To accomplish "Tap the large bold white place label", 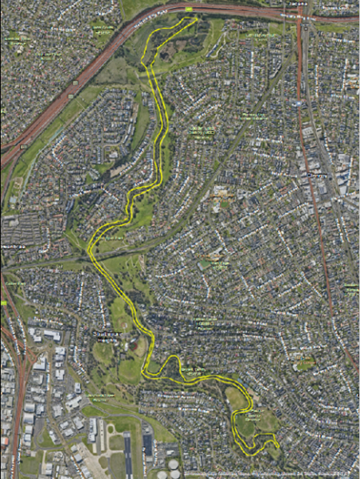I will pyautogui.click(x=108, y=333).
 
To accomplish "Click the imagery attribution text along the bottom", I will pyautogui.click(x=273, y=473).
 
